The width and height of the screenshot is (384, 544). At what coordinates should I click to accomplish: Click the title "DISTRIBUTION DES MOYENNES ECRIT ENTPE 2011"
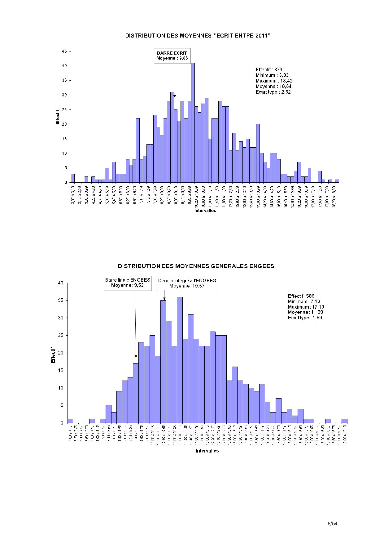click(198, 36)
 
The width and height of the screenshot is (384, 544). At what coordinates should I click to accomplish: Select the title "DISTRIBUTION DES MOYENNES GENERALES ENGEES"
click(196, 266)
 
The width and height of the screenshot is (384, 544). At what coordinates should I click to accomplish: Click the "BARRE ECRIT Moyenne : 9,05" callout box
click(172, 56)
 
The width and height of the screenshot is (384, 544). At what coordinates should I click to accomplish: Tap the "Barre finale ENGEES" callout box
click(127, 283)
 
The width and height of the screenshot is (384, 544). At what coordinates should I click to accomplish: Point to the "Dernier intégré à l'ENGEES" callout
click(187, 283)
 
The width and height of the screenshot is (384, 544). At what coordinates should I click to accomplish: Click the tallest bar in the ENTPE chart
click(193, 123)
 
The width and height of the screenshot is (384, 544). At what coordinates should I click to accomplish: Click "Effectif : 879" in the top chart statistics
click(269, 70)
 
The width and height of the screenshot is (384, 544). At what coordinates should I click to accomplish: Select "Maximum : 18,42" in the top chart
click(274, 81)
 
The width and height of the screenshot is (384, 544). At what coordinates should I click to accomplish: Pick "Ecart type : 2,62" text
click(273, 92)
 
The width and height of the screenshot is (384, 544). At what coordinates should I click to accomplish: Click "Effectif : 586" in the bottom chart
click(301, 296)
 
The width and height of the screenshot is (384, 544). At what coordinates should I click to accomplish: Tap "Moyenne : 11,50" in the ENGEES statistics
click(305, 312)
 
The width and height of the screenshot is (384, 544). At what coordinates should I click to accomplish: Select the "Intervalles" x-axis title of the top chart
click(205, 211)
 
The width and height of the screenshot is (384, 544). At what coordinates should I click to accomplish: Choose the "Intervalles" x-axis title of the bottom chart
click(207, 451)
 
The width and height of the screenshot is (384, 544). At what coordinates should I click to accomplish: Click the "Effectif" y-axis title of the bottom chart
click(53, 355)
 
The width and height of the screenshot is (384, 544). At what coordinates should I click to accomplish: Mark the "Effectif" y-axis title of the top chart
click(58, 117)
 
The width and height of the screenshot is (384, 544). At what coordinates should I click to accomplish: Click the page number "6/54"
click(332, 524)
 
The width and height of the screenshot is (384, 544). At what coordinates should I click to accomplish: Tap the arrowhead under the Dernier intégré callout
click(164, 299)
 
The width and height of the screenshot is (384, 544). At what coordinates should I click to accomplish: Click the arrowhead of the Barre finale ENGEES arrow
click(136, 356)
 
